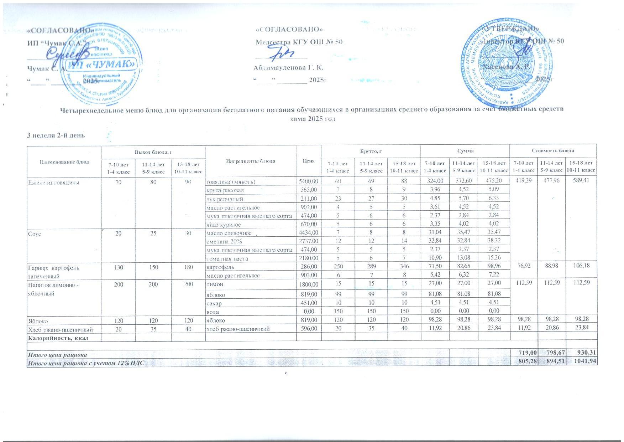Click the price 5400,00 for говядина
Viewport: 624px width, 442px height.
309,182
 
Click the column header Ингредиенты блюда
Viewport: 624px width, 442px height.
251,161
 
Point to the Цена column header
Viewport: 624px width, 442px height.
309,161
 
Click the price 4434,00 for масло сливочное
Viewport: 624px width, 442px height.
309,233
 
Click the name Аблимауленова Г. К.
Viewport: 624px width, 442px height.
288,67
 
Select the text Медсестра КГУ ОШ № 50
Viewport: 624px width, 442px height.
299,42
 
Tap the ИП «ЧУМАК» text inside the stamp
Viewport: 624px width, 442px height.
102,65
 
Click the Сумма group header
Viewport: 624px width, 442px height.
465,151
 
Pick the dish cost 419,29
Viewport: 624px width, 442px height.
523,181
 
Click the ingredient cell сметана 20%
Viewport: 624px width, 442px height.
224,242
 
